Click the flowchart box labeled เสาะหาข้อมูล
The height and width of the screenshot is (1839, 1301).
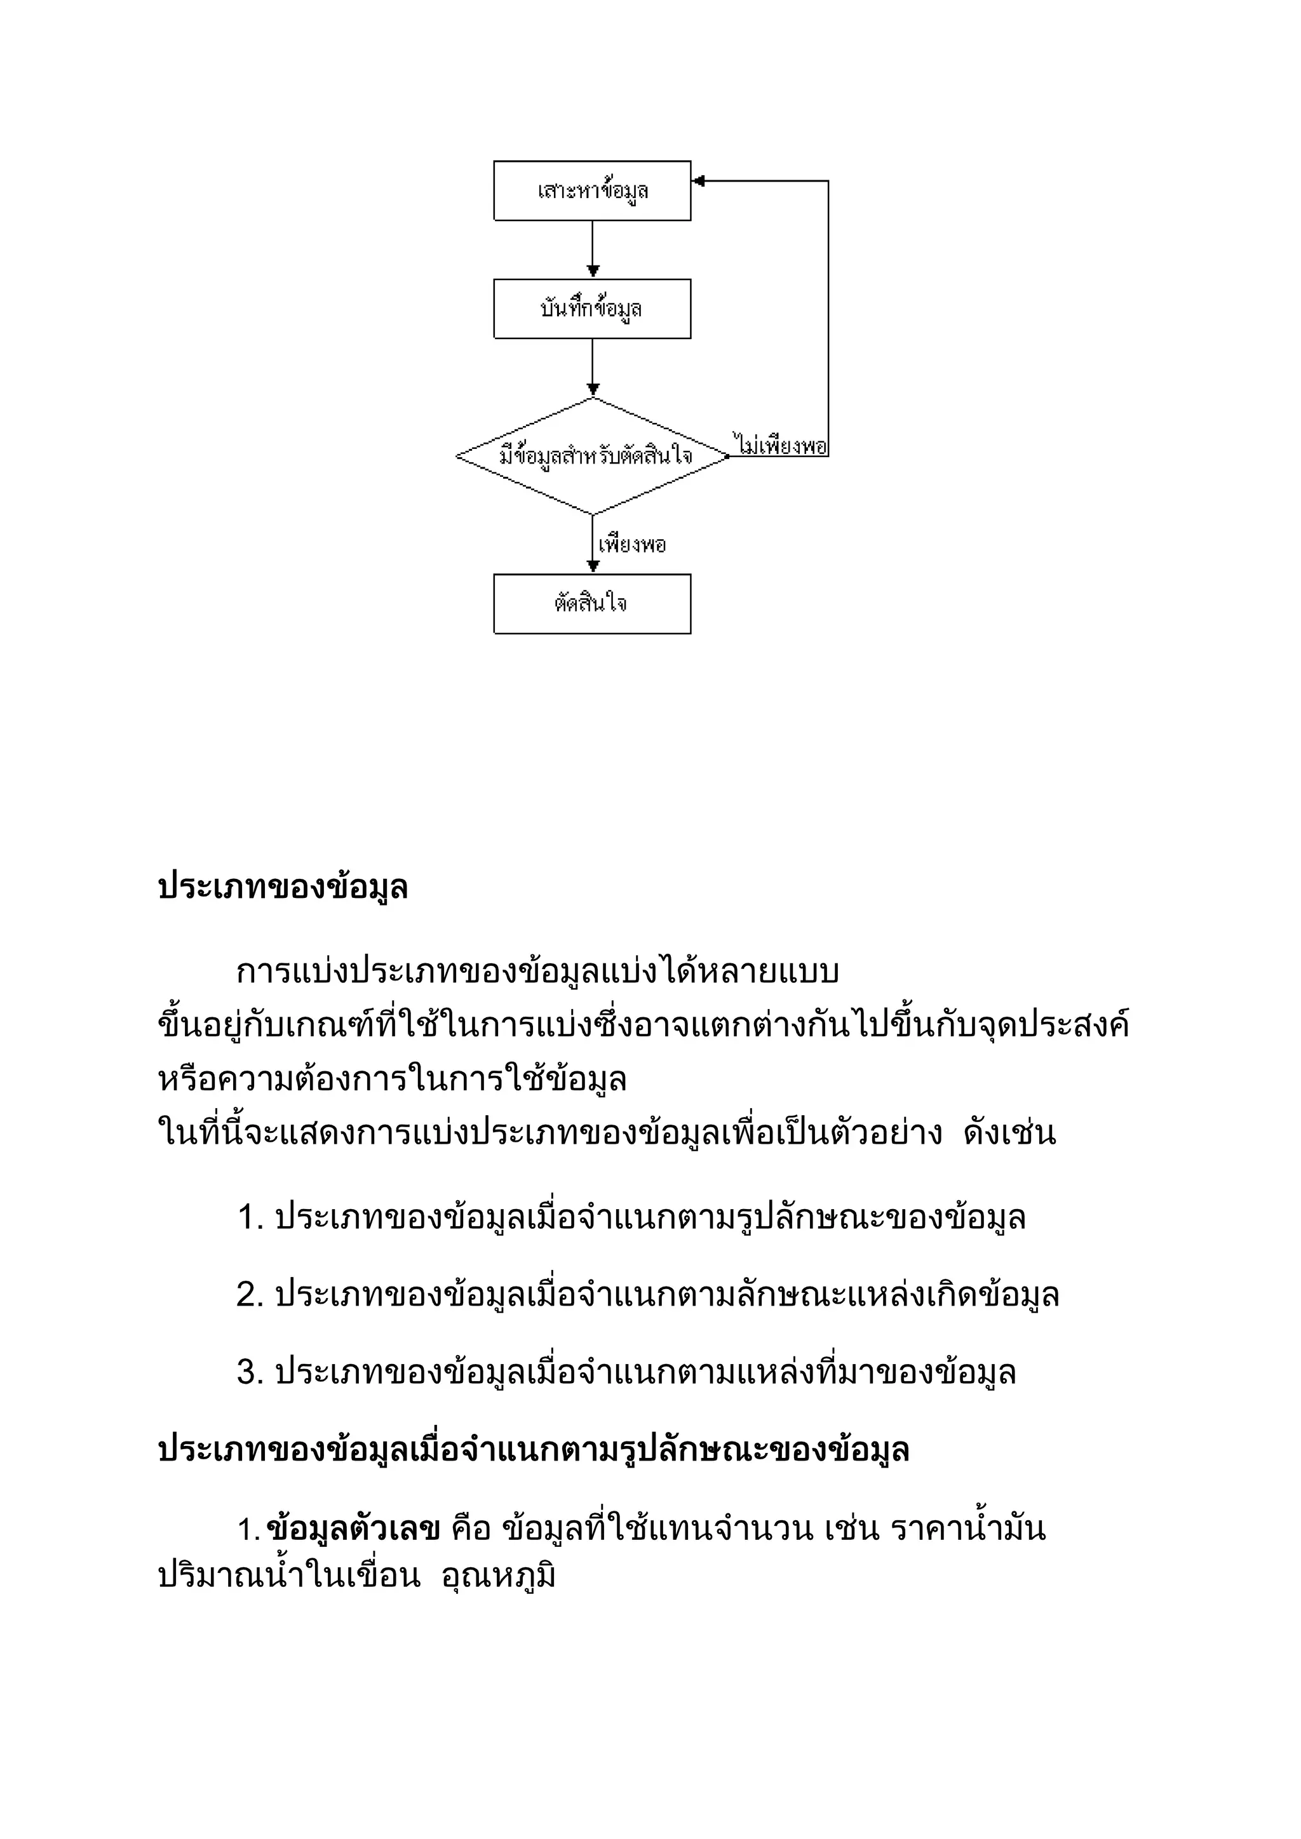point(592,191)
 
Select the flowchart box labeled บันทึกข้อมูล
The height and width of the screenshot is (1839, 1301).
point(592,309)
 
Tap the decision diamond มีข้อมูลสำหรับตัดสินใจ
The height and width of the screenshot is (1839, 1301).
point(593,457)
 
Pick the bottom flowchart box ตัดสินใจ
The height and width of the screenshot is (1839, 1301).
point(592,604)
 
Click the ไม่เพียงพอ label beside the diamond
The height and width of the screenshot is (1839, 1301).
point(779,445)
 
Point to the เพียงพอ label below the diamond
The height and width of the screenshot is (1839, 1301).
point(632,545)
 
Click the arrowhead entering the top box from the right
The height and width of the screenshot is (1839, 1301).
point(698,181)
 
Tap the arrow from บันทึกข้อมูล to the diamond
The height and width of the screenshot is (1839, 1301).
point(593,368)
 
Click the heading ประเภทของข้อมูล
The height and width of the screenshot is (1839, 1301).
point(283,888)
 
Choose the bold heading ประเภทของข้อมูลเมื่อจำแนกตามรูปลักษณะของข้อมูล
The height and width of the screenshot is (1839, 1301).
point(534,1450)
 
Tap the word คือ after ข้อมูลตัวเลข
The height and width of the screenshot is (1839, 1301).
point(470,1529)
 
